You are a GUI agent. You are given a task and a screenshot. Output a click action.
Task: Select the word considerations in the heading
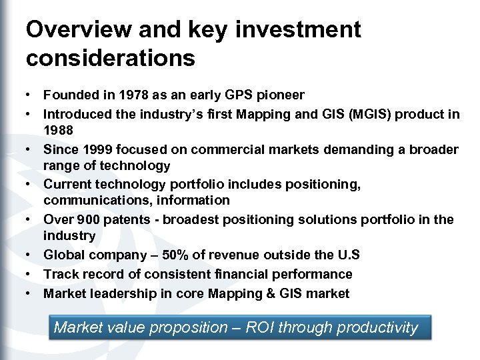pos(111,59)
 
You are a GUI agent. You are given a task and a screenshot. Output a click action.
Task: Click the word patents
pos(125,219)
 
